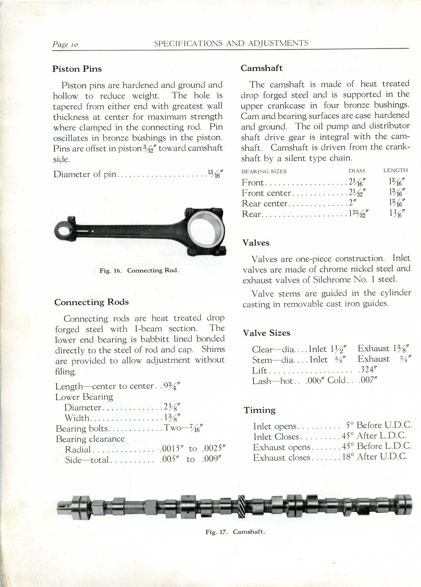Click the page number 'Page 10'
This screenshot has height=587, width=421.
(x=65, y=44)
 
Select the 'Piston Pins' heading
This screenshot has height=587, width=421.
(x=77, y=69)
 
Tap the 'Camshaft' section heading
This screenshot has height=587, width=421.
(x=262, y=68)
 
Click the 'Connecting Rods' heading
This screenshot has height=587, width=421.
(x=91, y=302)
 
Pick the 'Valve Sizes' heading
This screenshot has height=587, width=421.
(x=266, y=333)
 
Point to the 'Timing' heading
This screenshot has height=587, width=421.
(x=259, y=410)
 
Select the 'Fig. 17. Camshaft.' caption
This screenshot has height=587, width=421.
(x=235, y=532)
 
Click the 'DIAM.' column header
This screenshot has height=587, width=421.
(x=357, y=171)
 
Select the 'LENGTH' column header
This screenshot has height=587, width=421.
(x=395, y=170)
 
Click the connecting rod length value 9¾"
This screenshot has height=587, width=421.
(x=170, y=386)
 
